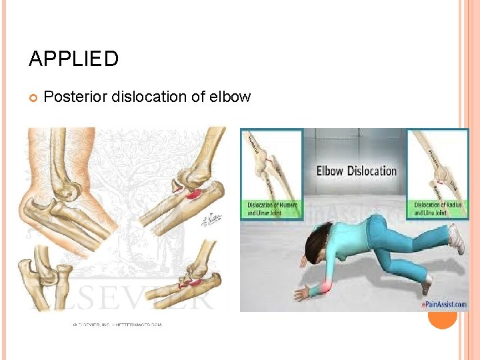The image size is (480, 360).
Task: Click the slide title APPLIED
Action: click(73, 59)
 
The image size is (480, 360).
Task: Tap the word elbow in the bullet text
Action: click(230, 97)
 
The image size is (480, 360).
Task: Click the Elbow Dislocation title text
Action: click(356, 171)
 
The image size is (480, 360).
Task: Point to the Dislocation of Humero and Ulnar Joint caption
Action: click(272, 210)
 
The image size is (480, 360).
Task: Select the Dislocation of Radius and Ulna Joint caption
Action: click(440, 210)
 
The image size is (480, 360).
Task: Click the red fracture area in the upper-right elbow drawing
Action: click(193, 193)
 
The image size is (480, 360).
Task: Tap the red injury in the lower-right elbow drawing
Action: click(193, 284)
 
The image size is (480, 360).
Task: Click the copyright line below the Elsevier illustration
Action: click(117, 325)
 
